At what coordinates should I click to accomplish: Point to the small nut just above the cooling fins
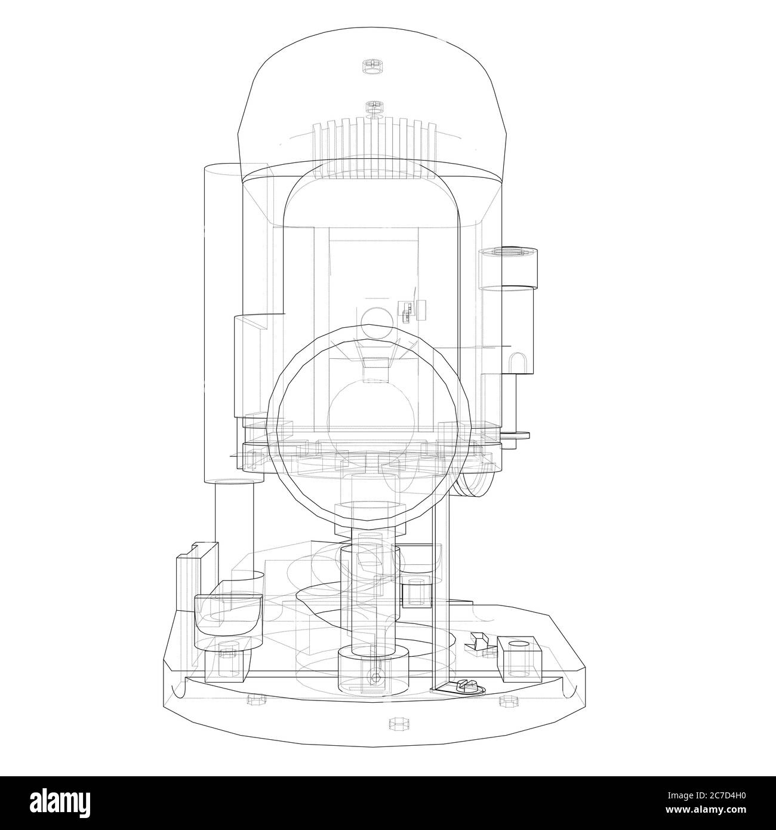(374, 107)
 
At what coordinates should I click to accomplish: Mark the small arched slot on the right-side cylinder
(517, 364)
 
